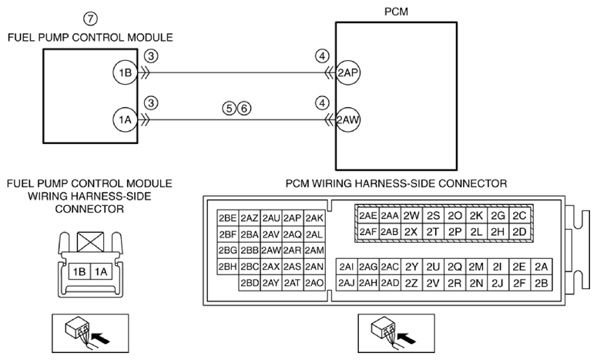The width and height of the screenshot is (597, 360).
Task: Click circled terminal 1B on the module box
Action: coord(125,72)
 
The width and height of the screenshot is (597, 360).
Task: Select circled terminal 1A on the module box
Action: coord(125,119)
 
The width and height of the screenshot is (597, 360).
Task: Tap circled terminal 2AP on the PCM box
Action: coord(348,72)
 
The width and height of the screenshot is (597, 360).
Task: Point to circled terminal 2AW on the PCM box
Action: coord(348,120)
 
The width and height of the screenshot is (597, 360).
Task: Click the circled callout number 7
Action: coord(90,19)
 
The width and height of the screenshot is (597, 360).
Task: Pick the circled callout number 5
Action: coord(230,109)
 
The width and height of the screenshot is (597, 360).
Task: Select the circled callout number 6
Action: coord(244,109)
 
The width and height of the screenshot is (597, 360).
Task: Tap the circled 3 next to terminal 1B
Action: coord(151,56)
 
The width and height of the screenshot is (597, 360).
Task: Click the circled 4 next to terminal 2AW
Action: coord(322,103)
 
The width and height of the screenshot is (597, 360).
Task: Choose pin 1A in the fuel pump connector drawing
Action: coord(101,271)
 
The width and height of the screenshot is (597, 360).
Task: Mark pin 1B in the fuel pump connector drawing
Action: coord(79,271)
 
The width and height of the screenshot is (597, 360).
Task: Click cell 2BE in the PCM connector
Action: coord(228,218)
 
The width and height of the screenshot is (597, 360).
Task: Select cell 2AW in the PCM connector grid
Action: coord(271,251)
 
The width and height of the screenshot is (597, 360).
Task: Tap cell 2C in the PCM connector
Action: coord(519,216)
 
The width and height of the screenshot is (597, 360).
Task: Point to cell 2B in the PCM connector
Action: coord(541,283)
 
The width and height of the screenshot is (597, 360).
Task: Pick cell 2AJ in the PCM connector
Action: coord(347,283)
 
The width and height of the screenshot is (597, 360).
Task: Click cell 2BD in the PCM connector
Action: coord(250,283)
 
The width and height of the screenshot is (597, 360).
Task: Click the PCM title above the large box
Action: coord(396,12)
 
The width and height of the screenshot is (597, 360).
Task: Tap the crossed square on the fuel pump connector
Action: coord(90,242)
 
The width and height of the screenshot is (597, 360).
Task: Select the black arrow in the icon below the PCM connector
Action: coord(406,337)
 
